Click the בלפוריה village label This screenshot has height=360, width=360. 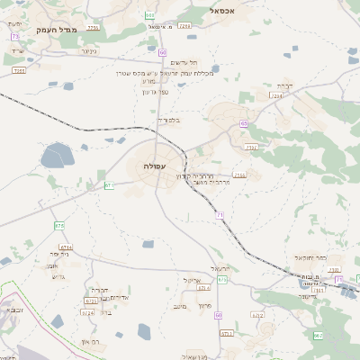click(169, 120)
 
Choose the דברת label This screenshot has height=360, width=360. click(284, 86)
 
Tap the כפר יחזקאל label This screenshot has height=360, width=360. click(309, 257)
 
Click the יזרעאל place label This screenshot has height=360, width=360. click(221, 268)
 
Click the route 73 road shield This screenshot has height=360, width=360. click(15, 36)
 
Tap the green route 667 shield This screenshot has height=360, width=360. click(318, 335)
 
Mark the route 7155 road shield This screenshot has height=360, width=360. click(239, 175)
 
